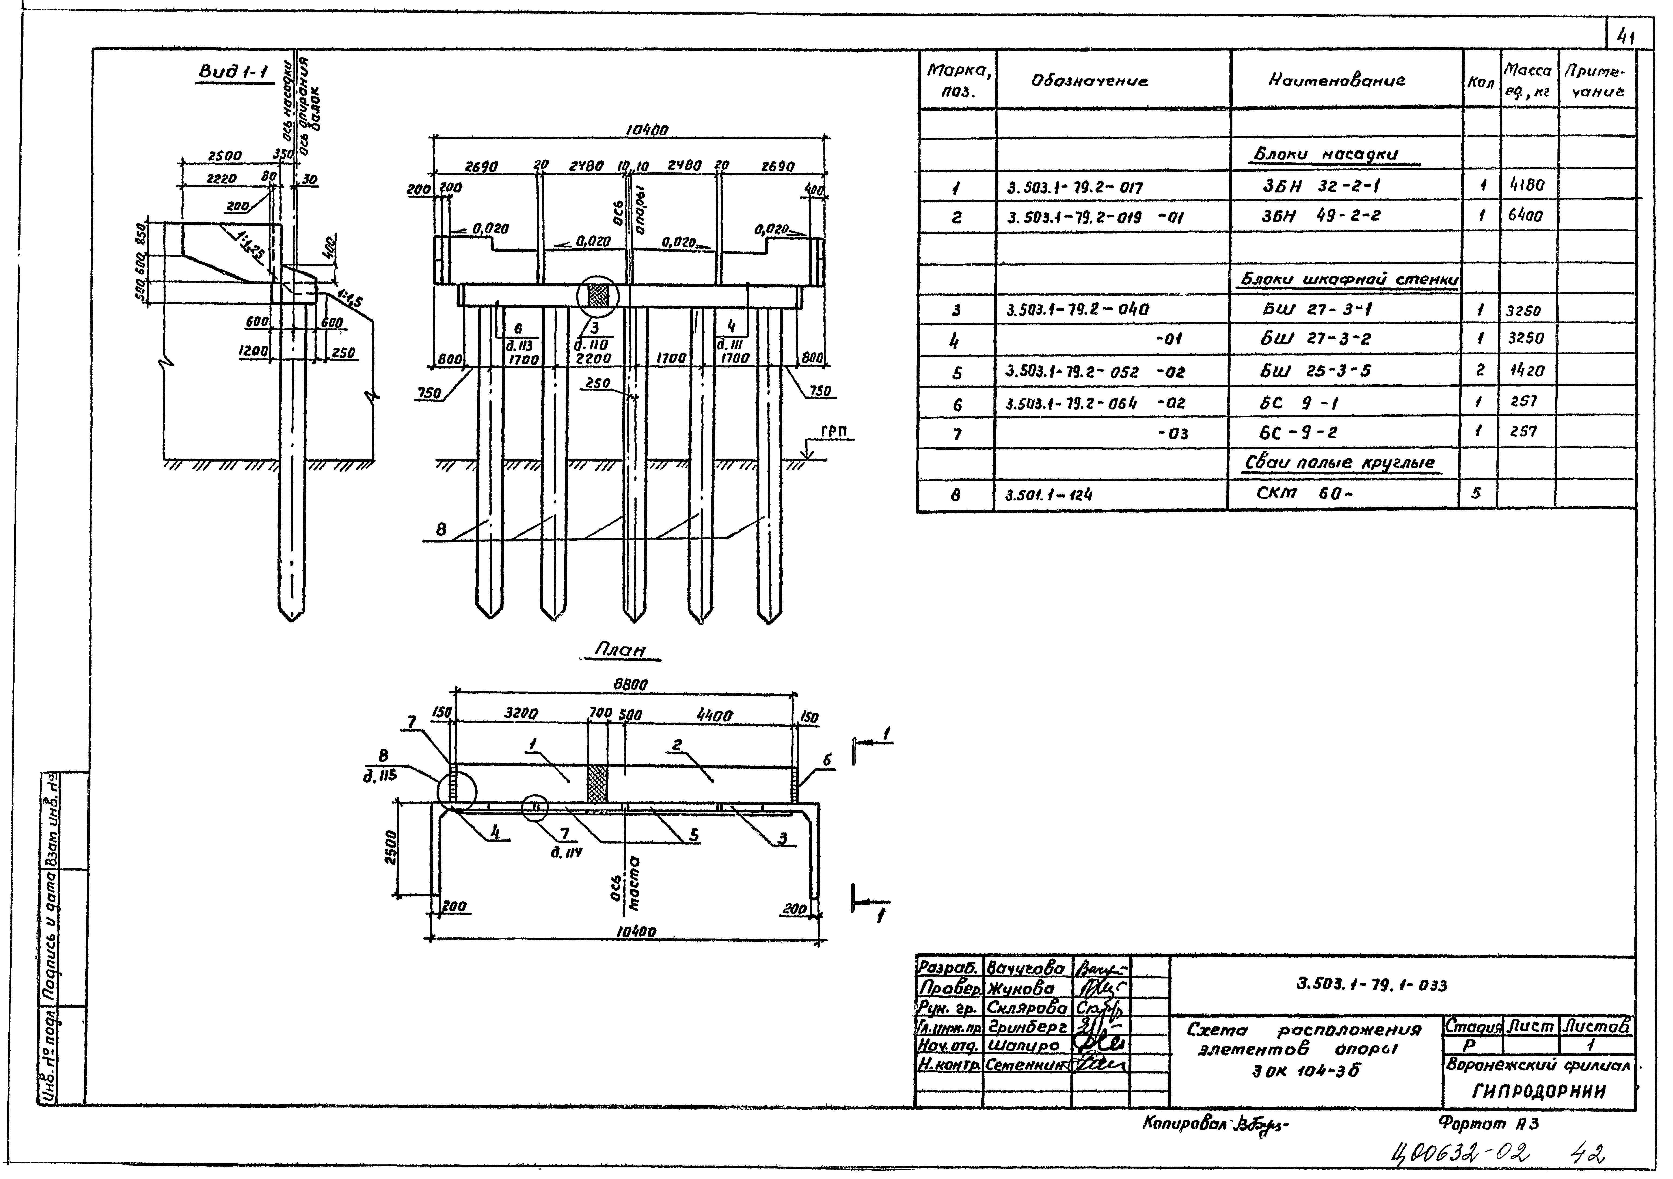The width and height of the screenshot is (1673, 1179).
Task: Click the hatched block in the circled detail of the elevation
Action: [597, 295]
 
